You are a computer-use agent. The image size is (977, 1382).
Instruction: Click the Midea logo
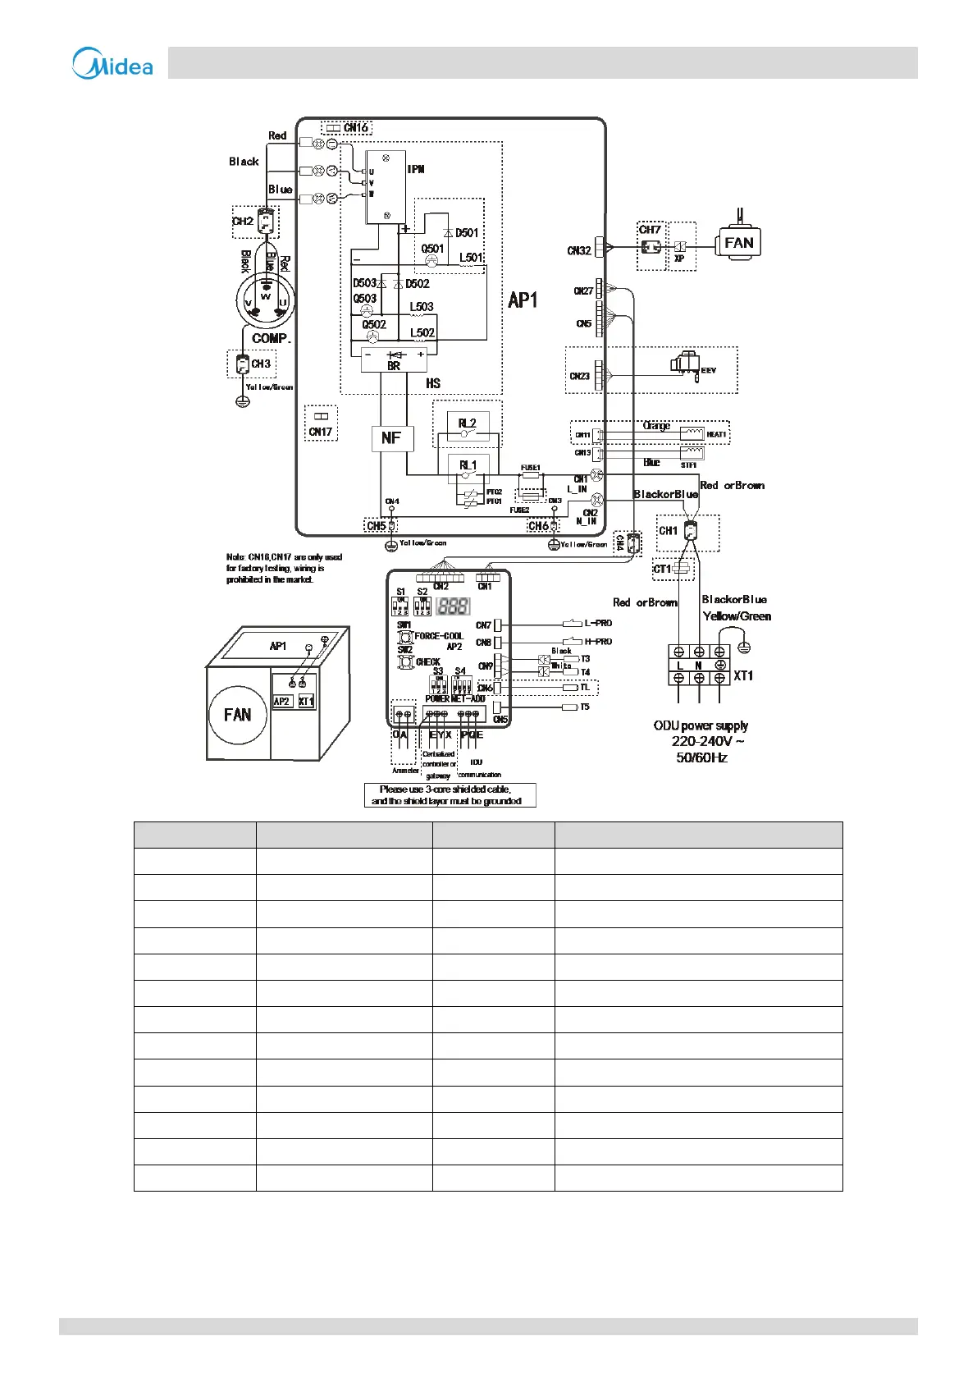coord(112,63)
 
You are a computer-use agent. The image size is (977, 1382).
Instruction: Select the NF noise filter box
coord(391,438)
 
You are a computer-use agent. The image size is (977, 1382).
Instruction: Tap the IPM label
coord(416,169)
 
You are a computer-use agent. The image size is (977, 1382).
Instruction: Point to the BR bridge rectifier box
coord(394,360)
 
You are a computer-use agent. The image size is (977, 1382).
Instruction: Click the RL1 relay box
coord(468,465)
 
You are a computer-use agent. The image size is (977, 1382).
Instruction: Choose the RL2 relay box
coord(467,423)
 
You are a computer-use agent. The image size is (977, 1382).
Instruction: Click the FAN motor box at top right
coord(738,243)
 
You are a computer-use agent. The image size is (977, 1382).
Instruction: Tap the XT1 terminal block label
coord(743,675)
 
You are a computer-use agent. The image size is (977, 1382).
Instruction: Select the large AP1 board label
coord(523,300)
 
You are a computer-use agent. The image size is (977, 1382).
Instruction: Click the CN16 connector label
coord(356,128)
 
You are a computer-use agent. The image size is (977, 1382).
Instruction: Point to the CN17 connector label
coord(321,432)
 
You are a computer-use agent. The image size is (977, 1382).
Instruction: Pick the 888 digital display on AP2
coord(453,606)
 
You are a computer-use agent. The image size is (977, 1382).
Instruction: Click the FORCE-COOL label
coord(439,636)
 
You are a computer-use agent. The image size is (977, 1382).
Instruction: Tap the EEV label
coord(709,371)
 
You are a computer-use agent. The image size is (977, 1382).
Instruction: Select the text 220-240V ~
coord(708,741)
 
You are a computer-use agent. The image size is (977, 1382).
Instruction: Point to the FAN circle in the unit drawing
coord(238,715)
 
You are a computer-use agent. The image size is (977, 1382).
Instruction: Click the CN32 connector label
coord(579,251)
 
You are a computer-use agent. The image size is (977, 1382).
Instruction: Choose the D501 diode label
coord(467,233)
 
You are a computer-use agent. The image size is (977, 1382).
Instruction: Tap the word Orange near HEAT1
coord(656,426)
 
